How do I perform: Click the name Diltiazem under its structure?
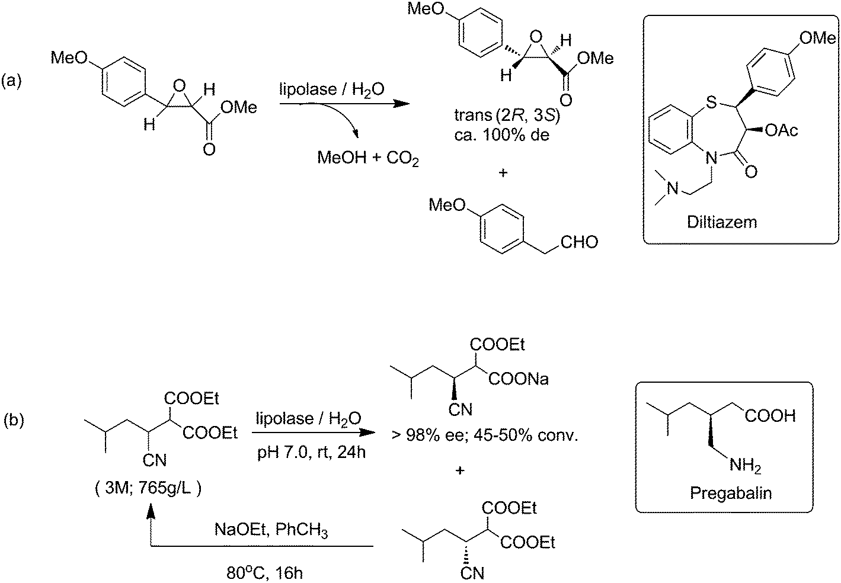click(x=722, y=222)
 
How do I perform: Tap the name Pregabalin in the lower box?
click(x=730, y=494)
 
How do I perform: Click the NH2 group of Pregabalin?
click(x=745, y=466)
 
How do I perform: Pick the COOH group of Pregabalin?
click(x=770, y=417)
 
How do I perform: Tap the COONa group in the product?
click(x=519, y=379)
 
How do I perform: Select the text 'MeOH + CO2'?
click(x=368, y=158)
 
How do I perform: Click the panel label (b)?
click(x=14, y=421)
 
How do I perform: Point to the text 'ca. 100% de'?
click(x=500, y=134)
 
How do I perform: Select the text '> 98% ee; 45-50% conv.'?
click(x=484, y=437)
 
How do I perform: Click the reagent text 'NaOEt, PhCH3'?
click(x=271, y=531)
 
